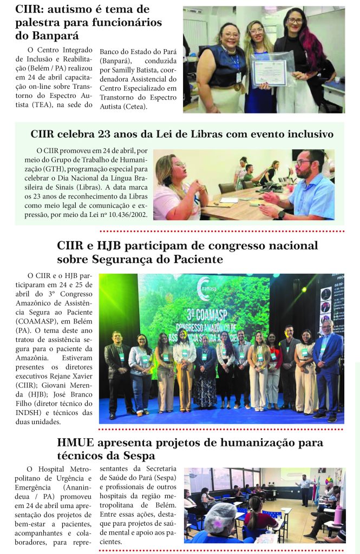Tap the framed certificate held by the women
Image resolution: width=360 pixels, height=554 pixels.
(269, 72)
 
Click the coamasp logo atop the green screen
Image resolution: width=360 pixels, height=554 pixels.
(204, 287)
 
